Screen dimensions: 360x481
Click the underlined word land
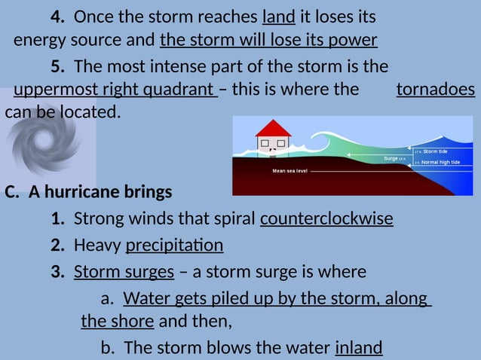point(279,17)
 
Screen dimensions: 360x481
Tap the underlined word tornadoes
point(435,90)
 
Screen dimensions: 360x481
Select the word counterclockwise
point(326,219)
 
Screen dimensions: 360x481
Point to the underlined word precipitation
point(174,246)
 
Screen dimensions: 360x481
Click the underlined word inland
point(358,347)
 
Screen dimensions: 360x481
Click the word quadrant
point(178,90)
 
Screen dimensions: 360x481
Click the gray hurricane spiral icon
point(47,139)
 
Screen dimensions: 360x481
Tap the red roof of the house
point(273,127)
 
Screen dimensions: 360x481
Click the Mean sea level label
point(290,171)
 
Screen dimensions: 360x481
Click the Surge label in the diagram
point(391,158)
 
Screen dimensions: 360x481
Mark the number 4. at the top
point(57,17)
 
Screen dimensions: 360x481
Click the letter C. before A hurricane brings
point(12,192)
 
